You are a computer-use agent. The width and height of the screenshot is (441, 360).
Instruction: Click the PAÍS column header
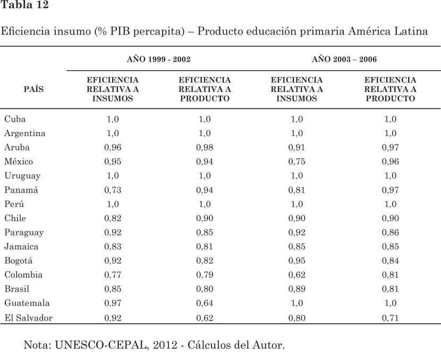tap(34, 89)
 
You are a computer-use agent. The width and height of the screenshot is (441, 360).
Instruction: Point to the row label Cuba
tap(15, 119)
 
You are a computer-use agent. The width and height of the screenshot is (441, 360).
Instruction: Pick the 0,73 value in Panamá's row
tap(112, 190)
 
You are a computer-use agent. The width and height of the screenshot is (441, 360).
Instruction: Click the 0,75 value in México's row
tap(296, 162)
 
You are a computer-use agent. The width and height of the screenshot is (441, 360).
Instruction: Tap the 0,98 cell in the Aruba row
tap(205, 147)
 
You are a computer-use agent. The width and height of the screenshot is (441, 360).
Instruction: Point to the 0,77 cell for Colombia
tap(112, 275)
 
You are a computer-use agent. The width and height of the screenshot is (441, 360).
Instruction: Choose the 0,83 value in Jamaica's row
tap(112, 247)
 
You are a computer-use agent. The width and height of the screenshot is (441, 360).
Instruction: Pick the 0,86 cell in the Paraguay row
tap(391, 232)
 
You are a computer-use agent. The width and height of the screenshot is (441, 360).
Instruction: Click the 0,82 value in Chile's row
tap(112, 219)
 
